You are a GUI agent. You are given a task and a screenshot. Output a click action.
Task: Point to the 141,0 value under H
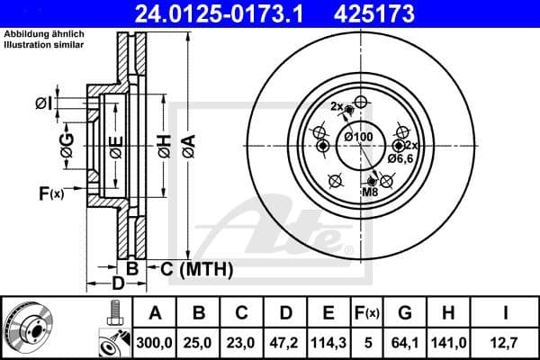(450, 342)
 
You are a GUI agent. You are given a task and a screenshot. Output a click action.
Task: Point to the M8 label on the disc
(370, 192)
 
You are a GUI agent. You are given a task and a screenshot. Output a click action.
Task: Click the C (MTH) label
(196, 268)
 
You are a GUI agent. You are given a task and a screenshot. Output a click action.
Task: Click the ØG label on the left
(67, 144)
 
